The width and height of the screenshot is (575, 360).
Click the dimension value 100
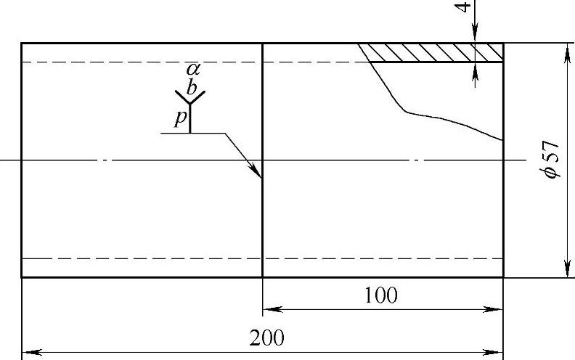382,296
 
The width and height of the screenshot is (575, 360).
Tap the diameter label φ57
552,160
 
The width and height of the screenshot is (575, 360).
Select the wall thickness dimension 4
465,11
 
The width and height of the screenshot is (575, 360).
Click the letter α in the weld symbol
192,70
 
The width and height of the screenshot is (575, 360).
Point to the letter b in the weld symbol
192,88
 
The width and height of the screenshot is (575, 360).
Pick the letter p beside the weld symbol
181,118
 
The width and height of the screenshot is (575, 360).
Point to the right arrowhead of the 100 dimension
496,310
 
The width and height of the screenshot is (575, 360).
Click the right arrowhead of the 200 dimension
496,353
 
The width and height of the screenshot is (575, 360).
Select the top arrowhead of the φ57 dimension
565,50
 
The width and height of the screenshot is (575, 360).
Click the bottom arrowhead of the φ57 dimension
565,270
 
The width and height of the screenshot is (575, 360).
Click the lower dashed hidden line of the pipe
145,258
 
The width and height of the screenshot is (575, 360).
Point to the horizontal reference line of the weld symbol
192,133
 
